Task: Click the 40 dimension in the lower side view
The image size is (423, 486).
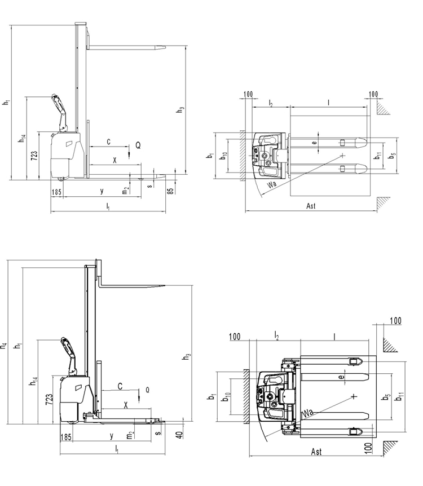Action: (179, 435)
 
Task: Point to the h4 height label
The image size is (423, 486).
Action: (3, 346)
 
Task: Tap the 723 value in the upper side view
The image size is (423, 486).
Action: (34, 155)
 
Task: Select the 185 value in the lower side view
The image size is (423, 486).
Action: (66, 437)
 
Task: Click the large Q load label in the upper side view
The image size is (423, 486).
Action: (138, 145)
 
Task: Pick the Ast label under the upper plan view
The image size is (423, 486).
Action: (311, 206)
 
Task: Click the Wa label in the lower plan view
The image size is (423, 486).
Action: (307, 413)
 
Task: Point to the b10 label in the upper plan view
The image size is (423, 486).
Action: (224, 156)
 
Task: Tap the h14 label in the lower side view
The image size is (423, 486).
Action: (33, 382)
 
